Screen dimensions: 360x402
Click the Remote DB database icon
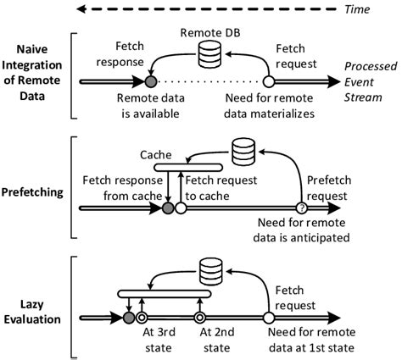(x=211, y=57)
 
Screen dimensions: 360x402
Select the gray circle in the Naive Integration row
(x=151, y=82)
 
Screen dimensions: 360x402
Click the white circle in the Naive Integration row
(x=269, y=82)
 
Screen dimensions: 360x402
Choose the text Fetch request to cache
(x=218, y=187)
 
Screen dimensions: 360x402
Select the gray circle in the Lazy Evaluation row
(x=128, y=318)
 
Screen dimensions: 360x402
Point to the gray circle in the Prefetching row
(x=168, y=208)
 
